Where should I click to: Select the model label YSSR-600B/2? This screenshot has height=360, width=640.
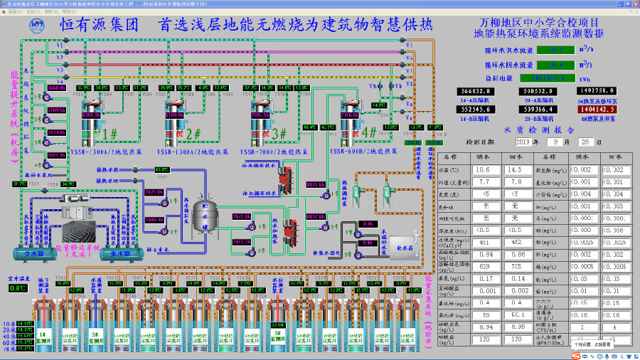point(355,152)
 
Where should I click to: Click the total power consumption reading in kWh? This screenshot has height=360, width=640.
point(555,78)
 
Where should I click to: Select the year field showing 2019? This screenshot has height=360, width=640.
point(523,142)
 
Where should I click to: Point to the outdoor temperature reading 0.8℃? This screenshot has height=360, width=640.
point(17,288)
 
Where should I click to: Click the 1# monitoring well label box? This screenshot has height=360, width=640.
point(42,334)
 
